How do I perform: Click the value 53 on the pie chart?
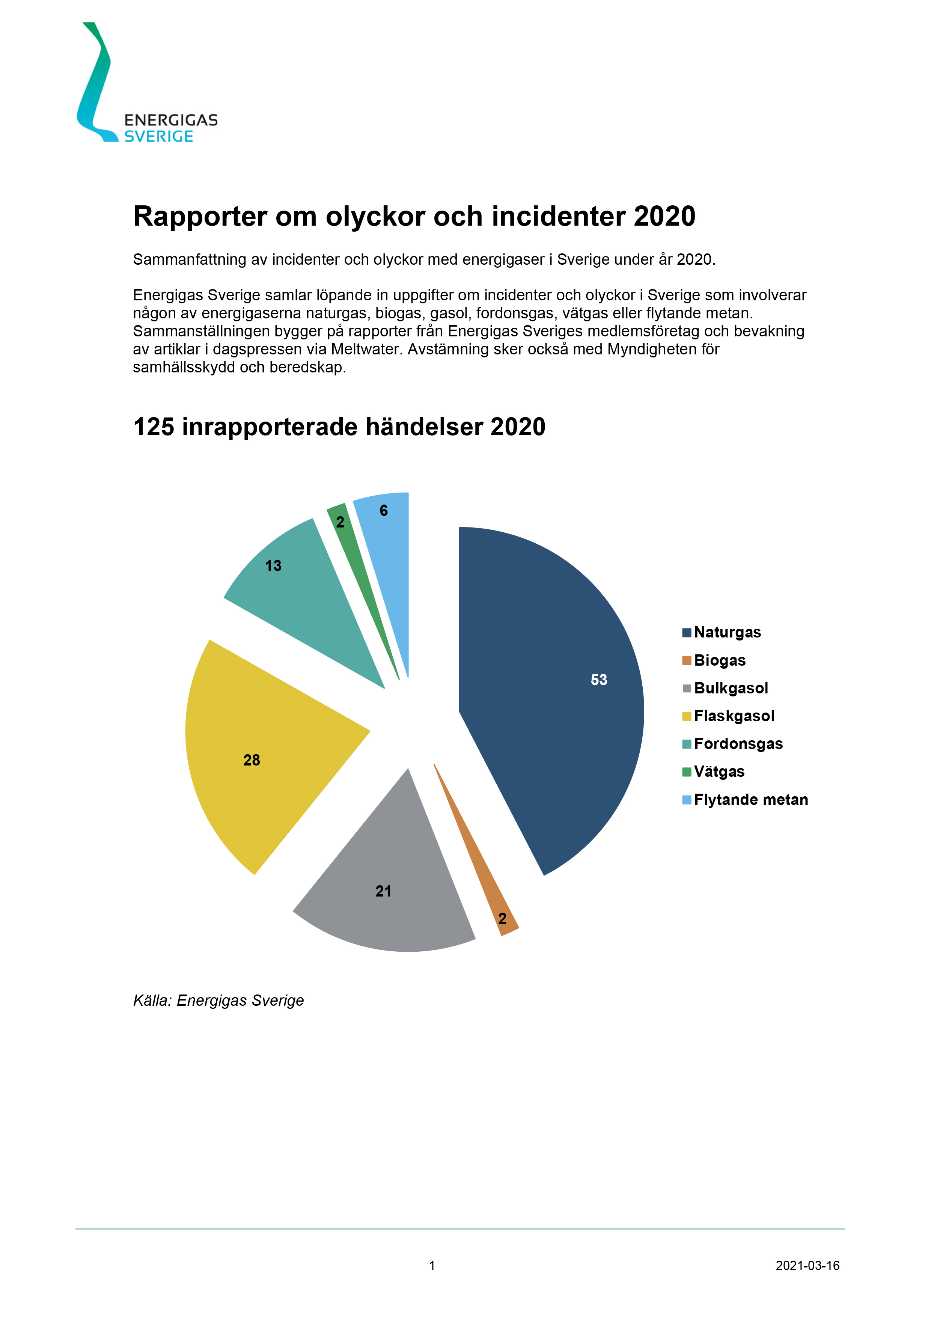click(x=599, y=680)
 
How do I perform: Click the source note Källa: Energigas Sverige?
click(x=218, y=1001)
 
